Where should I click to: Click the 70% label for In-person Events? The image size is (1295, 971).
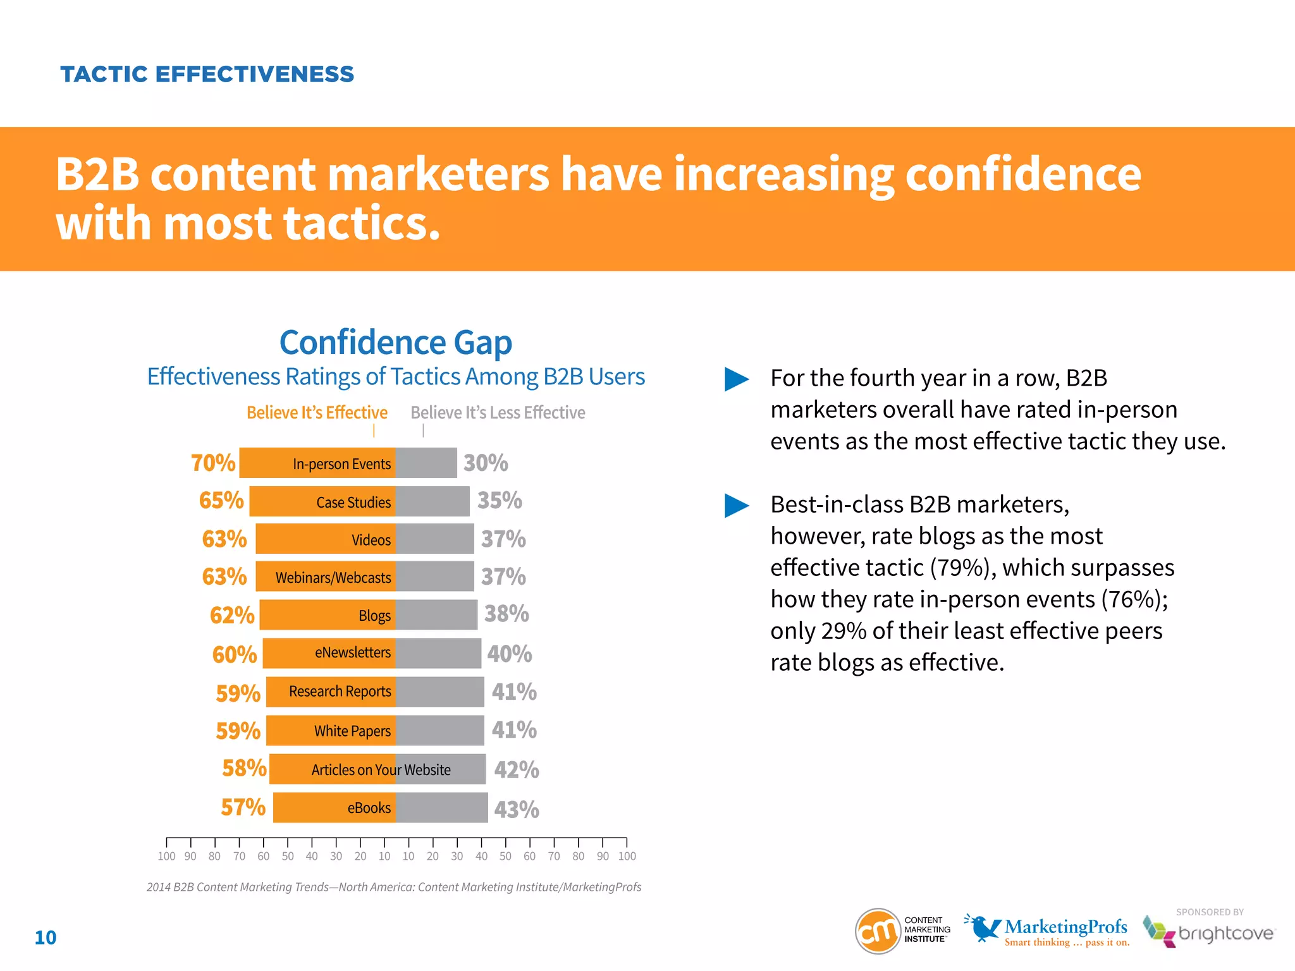[x=213, y=463]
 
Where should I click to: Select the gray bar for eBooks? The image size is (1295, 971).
[x=441, y=807]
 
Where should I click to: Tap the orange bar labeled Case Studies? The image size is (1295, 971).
[x=322, y=501]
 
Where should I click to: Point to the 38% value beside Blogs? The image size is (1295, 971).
[x=506, y=614]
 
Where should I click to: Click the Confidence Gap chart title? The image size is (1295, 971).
[x=396, y=342]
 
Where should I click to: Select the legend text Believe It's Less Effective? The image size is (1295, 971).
[x=498, y=413]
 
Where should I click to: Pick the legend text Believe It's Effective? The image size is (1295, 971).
[x=317, y=413]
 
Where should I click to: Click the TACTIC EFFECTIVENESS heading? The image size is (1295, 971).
[x=207, y=74]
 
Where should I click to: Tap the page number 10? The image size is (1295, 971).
[x=46, y=937]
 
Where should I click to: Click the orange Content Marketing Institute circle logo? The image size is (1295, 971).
[x=878, y=931]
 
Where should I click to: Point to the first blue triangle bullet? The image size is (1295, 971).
[x=736, y=379]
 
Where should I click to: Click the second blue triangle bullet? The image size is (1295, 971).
[x=736, y=506]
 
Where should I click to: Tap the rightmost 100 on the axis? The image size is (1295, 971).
[x=627, y=856]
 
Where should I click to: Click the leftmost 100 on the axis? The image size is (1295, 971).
[x=166, y=856]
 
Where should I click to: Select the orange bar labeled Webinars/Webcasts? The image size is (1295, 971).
[x=326, y=577]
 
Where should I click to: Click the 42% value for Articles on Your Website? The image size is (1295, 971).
[x=517, y=770]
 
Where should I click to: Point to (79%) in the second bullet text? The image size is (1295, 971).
[x=959, y=568]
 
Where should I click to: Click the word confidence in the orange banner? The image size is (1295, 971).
[x=1022, y=174]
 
